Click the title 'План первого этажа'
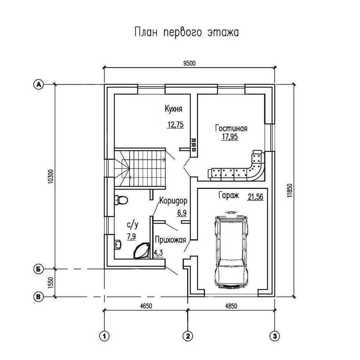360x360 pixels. click(x=186, y=32)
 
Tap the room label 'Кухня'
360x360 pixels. click(x=174, y=109)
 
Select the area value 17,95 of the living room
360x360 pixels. click(x=230, y=137)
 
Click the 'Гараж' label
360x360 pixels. click(x=229, y=195)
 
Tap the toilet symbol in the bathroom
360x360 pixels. click(x=121, y=200)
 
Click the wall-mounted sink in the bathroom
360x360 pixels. click(x=118, y=244)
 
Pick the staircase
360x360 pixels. click(x=140, y=168)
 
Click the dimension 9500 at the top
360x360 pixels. click(x=189, y=63)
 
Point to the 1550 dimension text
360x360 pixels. click(x=51, y=283)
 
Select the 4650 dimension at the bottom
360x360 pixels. click(x=146, y=306)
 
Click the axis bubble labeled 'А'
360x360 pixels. click(x=39, y=84)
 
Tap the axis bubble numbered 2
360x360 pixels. click(x=188, y=336)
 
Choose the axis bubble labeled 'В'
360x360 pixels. click(x=39, y=297)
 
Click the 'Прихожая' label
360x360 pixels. click(x=170, y=240)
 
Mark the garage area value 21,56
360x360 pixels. click(x=256, y=197)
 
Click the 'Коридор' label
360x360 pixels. click(x=174, y=201)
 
